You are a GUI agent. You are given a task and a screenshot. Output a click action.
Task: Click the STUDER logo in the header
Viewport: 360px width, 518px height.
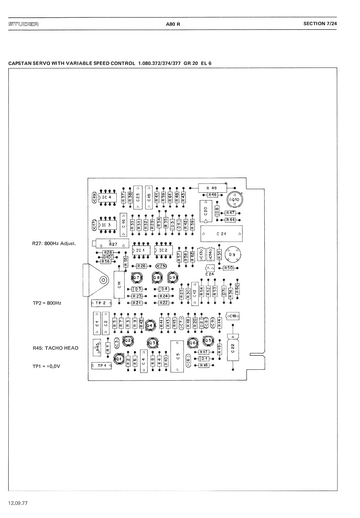tap(23, 24)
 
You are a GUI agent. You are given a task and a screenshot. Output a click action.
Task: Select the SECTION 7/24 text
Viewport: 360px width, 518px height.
tap(320, 23)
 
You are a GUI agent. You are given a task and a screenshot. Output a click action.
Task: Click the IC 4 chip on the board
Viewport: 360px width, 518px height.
tap(107, 197)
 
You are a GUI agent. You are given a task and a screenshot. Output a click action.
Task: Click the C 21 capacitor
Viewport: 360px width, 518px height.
tap(221, 234)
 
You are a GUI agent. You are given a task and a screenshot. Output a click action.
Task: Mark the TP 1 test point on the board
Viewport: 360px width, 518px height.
tap(102, 365)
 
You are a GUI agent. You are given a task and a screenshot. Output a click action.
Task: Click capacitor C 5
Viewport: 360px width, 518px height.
tap(177, 356)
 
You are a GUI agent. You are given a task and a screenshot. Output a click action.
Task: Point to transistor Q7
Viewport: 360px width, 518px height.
tap(136, 277)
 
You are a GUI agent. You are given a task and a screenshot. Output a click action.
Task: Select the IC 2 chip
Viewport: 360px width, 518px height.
tap(164, 250)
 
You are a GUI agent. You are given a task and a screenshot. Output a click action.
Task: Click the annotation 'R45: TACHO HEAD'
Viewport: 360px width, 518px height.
tap(56, 348)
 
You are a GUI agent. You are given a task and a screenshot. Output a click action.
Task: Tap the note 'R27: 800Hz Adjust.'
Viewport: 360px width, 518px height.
tap(54, 243)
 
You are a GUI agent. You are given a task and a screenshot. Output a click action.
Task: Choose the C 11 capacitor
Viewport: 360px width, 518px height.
tap(119, 285)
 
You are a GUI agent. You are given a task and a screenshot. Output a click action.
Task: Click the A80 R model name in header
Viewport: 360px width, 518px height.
tap(173, 24)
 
